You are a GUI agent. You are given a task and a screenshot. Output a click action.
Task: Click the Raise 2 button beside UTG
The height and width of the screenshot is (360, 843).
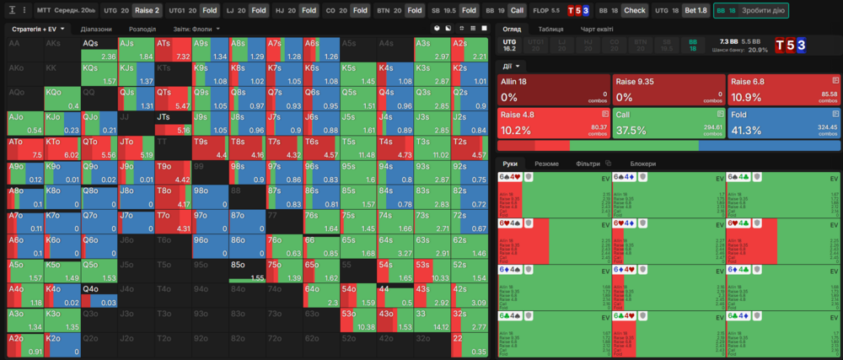coord(147,10)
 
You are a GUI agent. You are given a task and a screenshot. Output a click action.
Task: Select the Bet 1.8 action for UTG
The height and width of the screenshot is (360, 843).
coord(695,10)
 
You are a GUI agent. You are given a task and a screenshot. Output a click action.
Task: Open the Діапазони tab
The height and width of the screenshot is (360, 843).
coord(97,29)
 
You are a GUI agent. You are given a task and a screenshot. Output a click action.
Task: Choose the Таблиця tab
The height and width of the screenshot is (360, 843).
coord(551,29)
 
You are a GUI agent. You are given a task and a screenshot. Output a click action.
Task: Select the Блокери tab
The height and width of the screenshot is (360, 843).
coord(643,164)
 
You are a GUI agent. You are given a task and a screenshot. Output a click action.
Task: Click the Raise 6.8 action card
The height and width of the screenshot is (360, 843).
coord(783,88)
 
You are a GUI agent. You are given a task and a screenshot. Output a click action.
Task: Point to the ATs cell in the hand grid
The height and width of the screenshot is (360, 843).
coord(173,49)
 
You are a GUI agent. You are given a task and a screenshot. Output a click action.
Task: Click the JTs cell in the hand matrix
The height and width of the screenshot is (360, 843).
coord(173,123)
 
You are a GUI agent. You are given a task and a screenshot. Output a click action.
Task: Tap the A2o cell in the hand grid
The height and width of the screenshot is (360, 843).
coord(24,345)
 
